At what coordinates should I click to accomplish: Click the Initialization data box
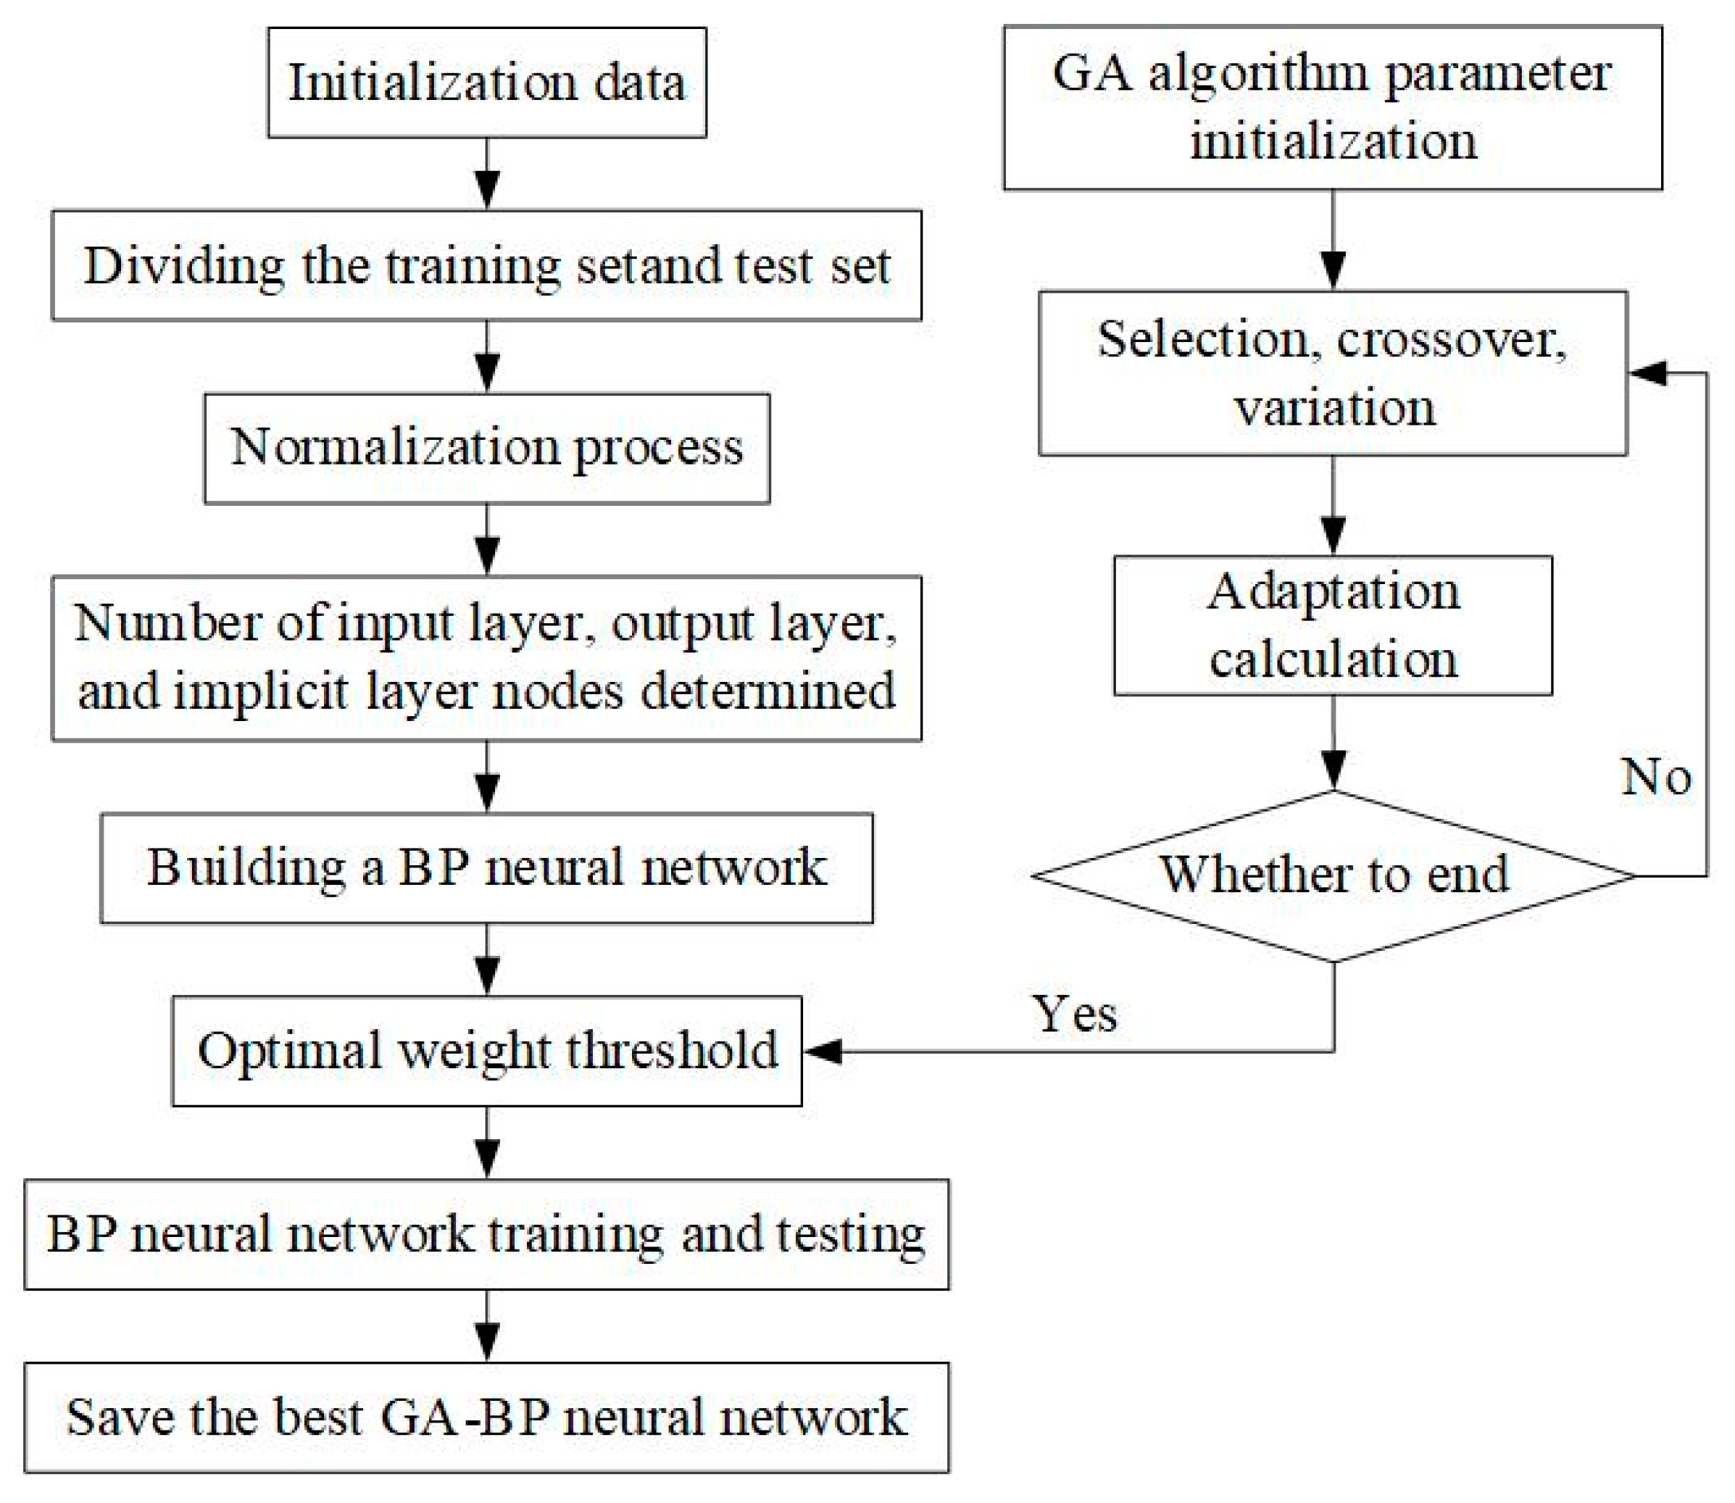pos(486,82)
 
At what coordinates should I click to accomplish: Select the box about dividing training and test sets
pos(486,265)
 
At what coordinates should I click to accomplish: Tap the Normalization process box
pos(486,448)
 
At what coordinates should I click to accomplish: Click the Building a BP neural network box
pos(486,867)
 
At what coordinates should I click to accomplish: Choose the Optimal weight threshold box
pos(486,1050)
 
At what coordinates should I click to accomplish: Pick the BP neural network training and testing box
pos(486,1233)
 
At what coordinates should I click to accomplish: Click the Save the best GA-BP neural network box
pos(486,1417)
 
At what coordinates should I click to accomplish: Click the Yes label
pos(1074,1014)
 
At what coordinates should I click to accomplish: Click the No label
pos(1655,777)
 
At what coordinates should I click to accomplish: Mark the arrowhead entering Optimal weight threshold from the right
pos(823,1050)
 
